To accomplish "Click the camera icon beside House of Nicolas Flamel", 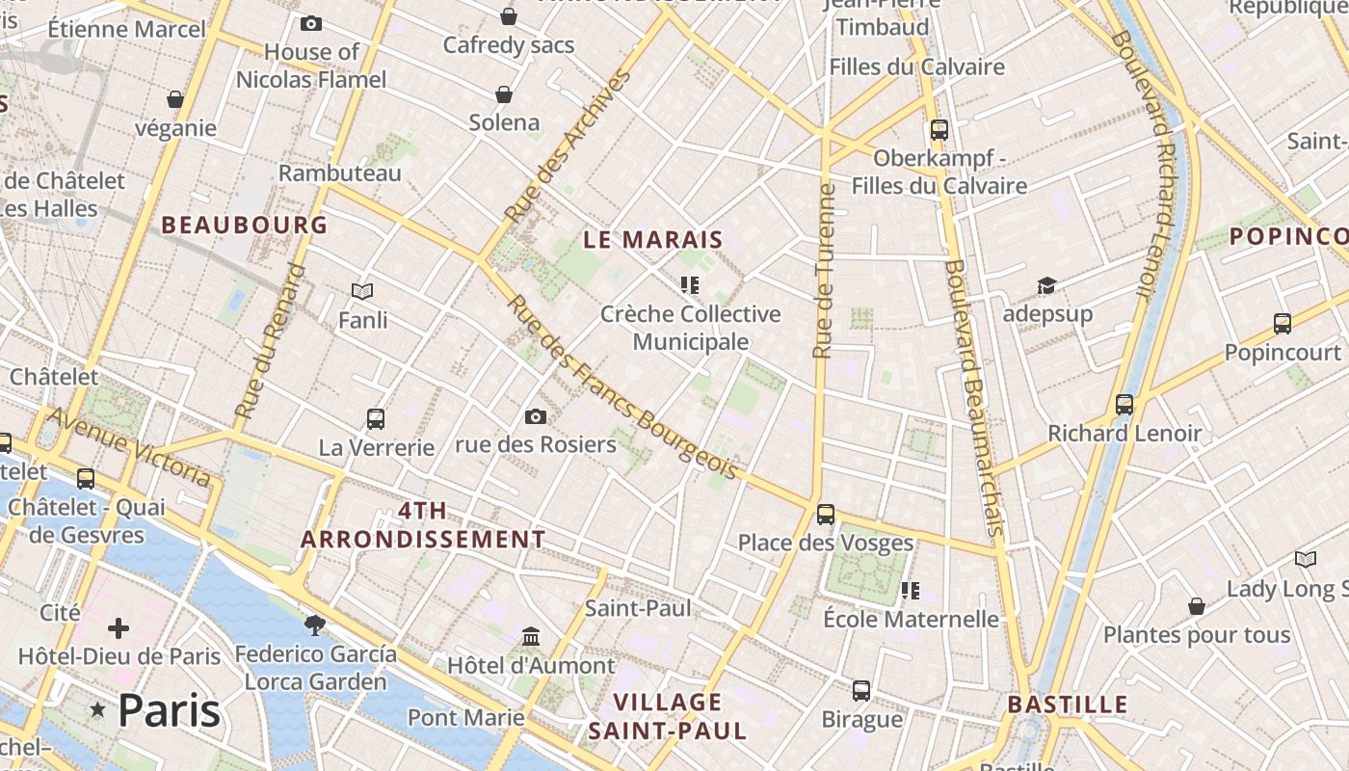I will point(311,23).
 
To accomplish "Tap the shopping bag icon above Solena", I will point(503,93).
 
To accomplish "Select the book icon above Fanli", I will point(362,291).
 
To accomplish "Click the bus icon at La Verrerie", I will point(376,419).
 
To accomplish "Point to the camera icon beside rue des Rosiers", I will point(536,416).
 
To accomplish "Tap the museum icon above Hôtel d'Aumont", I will point(530,637).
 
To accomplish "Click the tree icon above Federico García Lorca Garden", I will point(314,625).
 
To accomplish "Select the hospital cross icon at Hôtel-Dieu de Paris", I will point(119,629).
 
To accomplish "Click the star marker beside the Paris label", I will point(97,710).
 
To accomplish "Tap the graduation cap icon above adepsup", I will point(1046,285).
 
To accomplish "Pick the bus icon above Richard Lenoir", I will point(1124,405).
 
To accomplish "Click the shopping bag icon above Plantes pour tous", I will point(1196,606).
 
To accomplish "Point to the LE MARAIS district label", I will point(652,240).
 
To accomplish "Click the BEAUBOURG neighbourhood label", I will point(244,226).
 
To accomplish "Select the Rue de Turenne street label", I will point(824,271).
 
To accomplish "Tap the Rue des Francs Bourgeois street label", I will point(622,387).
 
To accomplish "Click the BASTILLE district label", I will point(1067,705).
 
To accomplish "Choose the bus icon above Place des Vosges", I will point(825,515).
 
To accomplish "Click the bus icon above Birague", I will point(861,691).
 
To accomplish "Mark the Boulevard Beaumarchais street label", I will point(976,396).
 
